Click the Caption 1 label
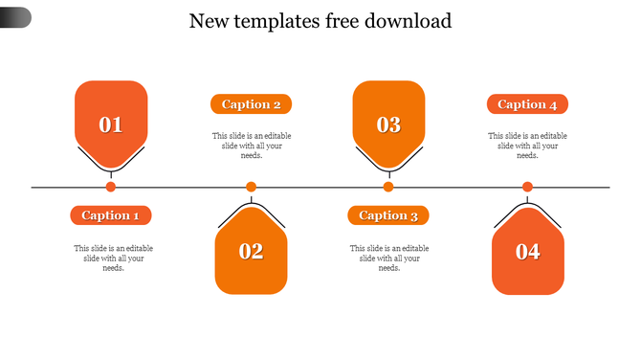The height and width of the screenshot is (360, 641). [x=111, y=215]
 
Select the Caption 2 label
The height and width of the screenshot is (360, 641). [x=251, y=104]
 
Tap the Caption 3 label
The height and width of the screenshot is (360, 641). [x=388, y=215]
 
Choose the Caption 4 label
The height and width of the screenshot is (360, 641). [x=527, y=104]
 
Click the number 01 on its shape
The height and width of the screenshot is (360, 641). [x=111, y=124]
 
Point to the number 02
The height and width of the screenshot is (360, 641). [x=251, y=252]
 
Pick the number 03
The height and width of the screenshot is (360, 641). [x=388, y=124]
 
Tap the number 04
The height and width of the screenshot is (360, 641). [x=527, y=252]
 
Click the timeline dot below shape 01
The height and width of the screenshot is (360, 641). [x=111, y=187]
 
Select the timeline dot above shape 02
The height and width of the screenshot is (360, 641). [x=251, y=187]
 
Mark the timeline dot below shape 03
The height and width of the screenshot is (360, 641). [x=388, y=187]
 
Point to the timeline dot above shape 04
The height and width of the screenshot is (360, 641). [x=527, y=187]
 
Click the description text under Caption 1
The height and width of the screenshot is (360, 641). [x=113, y=258]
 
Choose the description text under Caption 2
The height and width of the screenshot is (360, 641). [x=252, y=146]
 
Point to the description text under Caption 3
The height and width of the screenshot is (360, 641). [x=388, y=258]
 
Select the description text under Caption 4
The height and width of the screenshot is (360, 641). [x=527, y=146]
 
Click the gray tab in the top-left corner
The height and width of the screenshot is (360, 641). [x=14, y=17]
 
